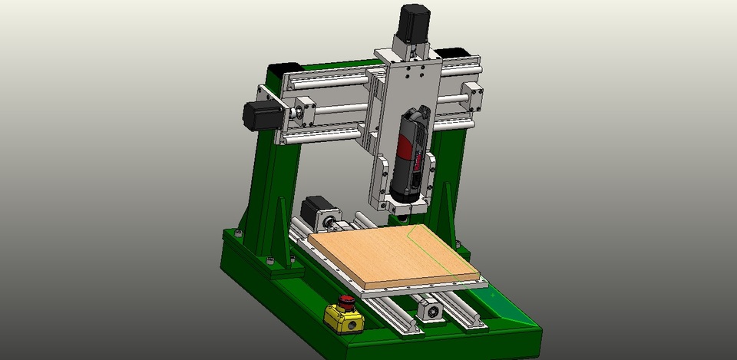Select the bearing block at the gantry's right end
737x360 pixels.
click(x=471, y=99)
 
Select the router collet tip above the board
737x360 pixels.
click(x=403, y=212)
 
